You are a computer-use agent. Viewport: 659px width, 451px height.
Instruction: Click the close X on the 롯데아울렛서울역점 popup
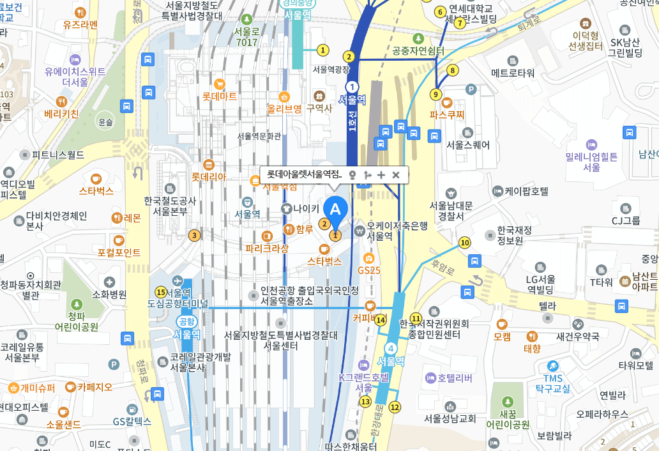click(395, 174)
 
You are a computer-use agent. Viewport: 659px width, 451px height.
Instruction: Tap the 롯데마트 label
click(220, 96)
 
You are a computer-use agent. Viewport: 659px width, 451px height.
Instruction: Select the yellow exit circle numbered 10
click(464, 242)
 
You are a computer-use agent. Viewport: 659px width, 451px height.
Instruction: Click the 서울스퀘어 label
click(468, 145)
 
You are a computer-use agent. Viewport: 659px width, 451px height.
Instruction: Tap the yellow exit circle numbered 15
click(160, 291)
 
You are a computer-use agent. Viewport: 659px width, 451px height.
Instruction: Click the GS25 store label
click(368, 270)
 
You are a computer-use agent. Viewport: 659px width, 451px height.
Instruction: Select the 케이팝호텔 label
click(526, 191)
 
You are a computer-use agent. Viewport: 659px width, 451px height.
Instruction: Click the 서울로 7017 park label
click(246, 37)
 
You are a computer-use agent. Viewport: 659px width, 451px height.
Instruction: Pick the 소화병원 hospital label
click(109, 294)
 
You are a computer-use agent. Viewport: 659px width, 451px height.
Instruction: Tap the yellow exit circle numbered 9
click(436, 95)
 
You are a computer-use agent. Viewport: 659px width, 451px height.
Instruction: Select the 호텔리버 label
click(455, 379)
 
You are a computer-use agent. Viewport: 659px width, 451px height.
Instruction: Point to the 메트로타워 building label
click(512, 73)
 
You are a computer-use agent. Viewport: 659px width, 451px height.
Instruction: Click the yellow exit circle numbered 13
click(365, 402)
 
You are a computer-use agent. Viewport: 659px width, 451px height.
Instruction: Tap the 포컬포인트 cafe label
click(119, 252)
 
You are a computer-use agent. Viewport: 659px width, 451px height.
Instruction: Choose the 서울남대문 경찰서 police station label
click(451, 211)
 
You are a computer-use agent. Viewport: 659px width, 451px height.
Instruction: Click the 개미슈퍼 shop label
click(38, 388)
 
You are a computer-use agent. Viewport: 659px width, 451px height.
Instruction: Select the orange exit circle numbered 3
click(194, 235)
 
